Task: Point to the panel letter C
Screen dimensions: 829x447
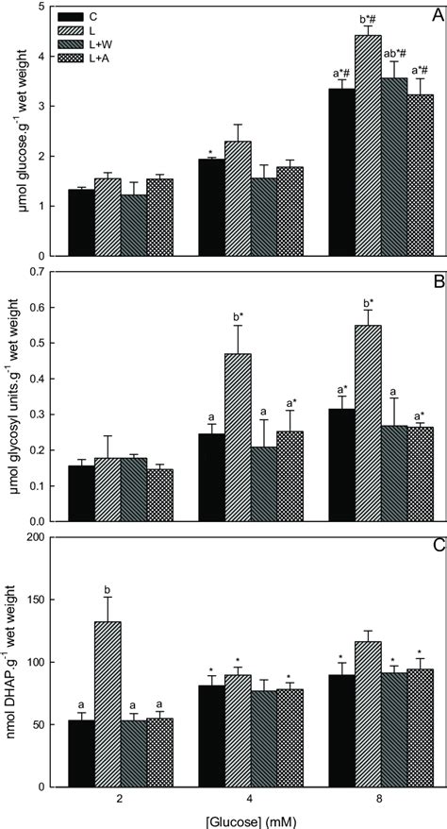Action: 436,546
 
